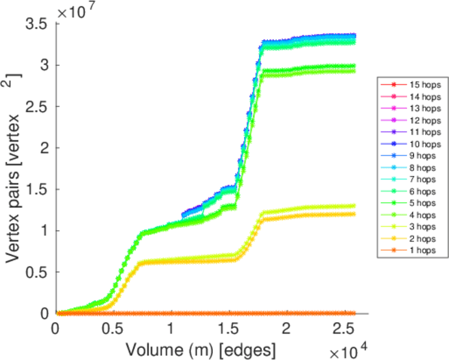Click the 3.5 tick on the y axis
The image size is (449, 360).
(x=37, y=25)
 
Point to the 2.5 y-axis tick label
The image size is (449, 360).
(x=37, y=107)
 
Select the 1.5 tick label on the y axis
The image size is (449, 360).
(x=37, y=190)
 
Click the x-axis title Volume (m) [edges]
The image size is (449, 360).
(x=200, y=347)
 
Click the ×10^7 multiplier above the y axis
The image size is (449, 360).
(x=77, y=11)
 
